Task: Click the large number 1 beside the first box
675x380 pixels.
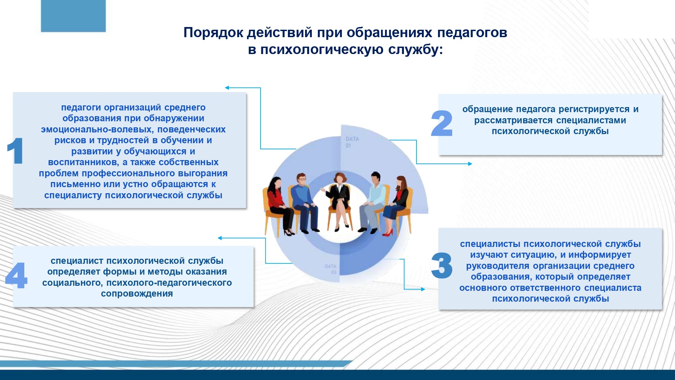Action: point(16,151)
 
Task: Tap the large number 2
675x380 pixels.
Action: point(441,123)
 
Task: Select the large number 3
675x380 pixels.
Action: point(441,265)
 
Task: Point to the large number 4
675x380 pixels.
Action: point(16,275)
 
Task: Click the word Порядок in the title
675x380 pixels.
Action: point(214,33)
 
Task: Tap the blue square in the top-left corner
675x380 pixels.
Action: point(73,16)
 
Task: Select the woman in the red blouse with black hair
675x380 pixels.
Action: point(280,206)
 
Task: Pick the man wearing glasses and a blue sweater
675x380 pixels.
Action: point(304,203)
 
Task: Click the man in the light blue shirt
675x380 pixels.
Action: point(373,203)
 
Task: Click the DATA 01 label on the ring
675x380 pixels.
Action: point(352,142)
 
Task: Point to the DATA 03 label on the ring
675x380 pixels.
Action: point(331,269)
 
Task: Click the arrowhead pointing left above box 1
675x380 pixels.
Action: point(227,88)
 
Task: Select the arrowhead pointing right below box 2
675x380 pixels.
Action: point(470,164)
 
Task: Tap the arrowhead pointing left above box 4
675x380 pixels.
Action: point(220,238)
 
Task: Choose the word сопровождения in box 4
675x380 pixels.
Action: point(137,294)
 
